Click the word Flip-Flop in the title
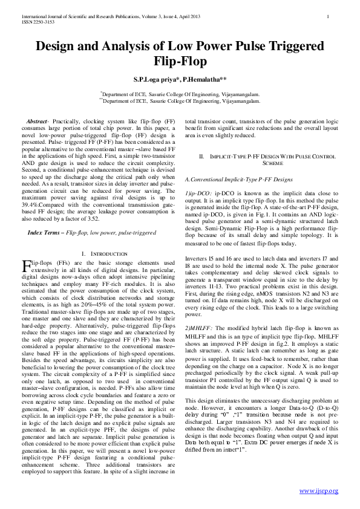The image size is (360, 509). [x=180, y=61]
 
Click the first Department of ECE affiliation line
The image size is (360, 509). [x=180, y=95]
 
